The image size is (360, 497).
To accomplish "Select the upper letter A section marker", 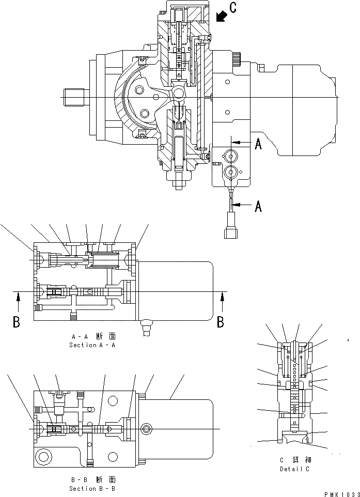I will pyautogui.click(x=258, y=145).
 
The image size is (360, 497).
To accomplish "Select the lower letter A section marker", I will pyautogui.click(x=258, y=207).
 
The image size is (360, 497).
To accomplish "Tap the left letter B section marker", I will pyautogui.click(x=17, y=322).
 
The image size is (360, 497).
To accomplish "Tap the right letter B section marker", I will pyautogui.click(x=221, y=322).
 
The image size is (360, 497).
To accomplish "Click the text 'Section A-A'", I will pyautogui.click(x=92, y=345).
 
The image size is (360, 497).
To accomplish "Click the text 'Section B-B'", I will pyautogui.click(x=92, y=488).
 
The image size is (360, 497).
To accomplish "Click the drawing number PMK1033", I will pyautogui.click(x=342, y=494).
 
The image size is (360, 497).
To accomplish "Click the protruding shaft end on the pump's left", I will pyautogui.click(x=74, y=97).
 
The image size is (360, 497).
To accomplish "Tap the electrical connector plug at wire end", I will pyautogui.click(x=230, y=232).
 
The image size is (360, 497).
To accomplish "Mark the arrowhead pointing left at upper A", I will pyautogui.click(x=236, y=142).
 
